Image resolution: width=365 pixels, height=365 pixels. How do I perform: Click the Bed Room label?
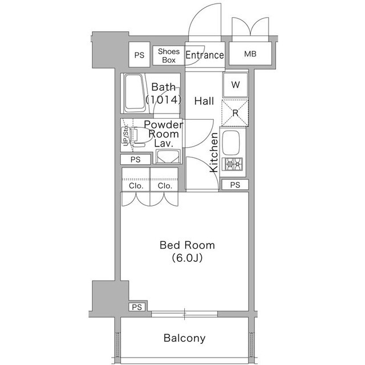187,245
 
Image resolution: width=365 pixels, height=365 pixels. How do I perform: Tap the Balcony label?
185,338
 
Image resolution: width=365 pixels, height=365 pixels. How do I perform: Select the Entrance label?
205,55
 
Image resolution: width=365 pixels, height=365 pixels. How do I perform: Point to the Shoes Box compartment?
169,56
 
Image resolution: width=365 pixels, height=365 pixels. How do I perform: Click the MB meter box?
250,54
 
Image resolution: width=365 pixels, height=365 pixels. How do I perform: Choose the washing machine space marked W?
236,85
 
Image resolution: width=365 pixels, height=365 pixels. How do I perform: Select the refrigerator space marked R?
235,113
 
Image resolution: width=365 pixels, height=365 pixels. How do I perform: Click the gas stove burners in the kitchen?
233,164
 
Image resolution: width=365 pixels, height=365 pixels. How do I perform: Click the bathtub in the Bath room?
135,93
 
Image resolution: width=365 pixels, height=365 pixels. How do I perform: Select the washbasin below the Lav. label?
168,157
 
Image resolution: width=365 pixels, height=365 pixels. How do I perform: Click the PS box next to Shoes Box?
139,55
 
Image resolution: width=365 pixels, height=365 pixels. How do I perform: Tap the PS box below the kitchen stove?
235,185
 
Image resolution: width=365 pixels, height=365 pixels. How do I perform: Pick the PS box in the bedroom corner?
137,307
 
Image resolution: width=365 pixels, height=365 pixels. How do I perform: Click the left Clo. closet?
136,180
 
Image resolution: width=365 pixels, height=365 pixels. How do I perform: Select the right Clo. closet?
164,180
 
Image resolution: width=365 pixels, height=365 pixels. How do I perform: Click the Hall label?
204,101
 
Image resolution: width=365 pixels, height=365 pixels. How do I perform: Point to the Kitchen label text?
214,152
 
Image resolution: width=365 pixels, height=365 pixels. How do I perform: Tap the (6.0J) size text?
187,258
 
